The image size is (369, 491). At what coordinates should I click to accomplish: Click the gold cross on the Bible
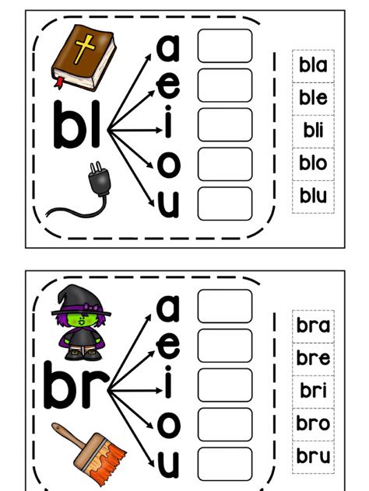point(84,49)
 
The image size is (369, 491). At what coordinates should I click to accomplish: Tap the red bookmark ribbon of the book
point(59,82)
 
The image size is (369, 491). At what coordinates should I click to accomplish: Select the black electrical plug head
point(100,180)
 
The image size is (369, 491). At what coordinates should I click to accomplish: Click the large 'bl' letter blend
point(77,124)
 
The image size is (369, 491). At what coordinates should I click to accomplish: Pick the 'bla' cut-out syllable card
point(313,66)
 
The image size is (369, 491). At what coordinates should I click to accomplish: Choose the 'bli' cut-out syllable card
point(313,131)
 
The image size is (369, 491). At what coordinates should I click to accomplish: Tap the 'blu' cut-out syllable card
point(313,197)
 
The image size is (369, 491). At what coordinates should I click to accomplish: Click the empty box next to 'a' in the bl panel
point(225,46)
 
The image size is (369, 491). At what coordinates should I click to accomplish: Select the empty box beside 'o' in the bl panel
point(225,164)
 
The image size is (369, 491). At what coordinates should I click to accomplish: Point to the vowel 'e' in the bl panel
point(168,85)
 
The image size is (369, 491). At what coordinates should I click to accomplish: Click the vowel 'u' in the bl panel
point(168,204)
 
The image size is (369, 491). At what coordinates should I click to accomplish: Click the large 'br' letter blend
point(76,385)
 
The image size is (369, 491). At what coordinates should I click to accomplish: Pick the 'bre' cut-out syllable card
point(313,359)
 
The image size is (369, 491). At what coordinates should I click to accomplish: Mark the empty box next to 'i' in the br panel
point(225,385)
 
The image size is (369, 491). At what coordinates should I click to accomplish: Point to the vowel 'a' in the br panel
point(168,308)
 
